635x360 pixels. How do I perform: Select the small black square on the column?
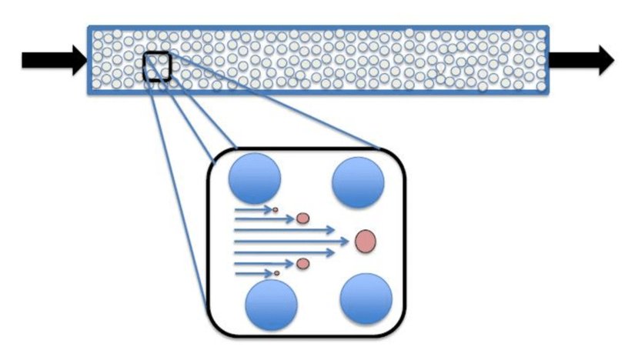coord(157,66)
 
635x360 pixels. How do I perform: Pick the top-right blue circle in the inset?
coord(358,181)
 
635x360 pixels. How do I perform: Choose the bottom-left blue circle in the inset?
coord(271,304)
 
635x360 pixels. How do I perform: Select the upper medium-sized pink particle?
coord(302,218)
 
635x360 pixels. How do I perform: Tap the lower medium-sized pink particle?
coord(302,264)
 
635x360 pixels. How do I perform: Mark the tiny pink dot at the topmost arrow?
coord(276,208)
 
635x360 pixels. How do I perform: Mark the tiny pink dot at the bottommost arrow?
coord(276,273)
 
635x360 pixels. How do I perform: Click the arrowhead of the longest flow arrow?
coord(347,242)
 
